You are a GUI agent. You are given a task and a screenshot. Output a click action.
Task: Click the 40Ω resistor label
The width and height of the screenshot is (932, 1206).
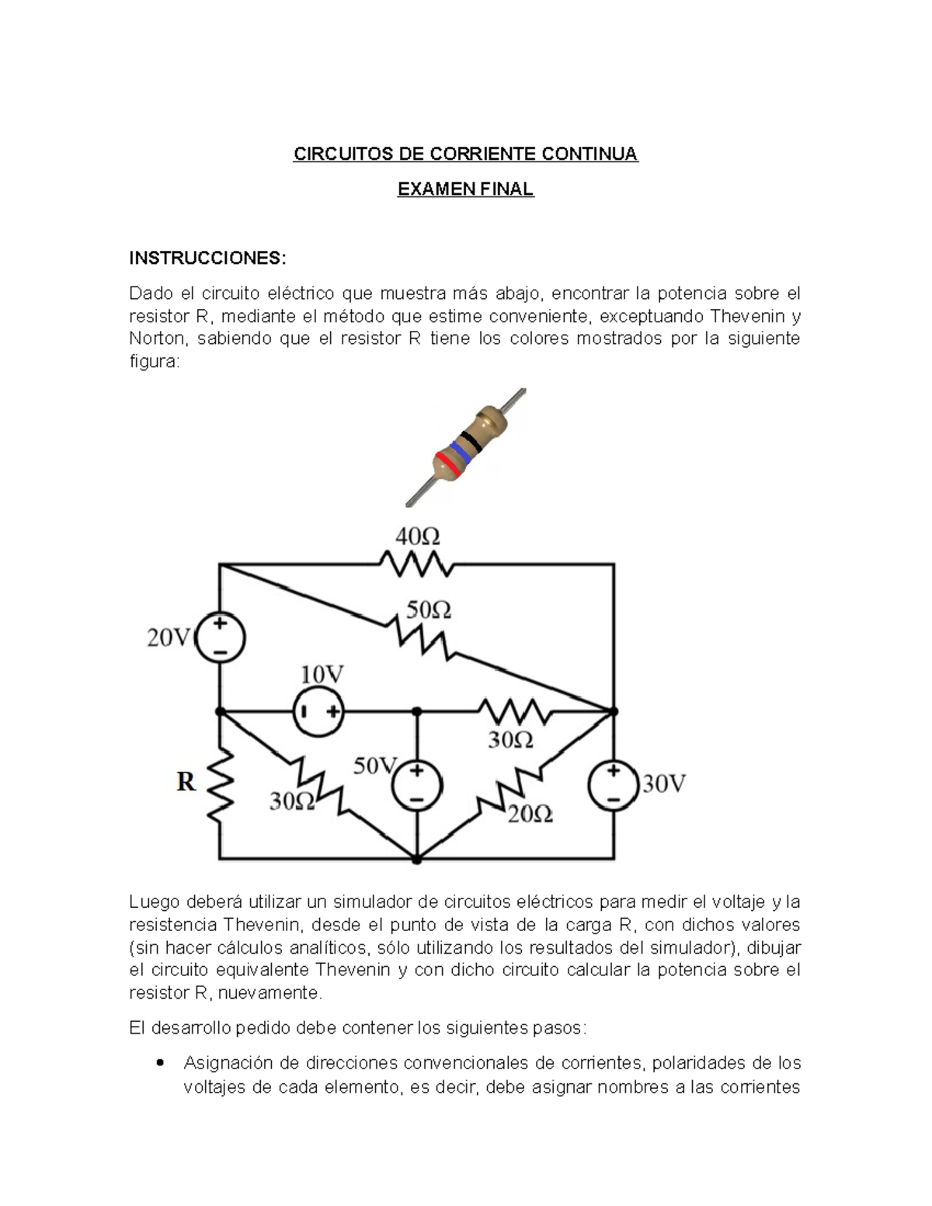418,537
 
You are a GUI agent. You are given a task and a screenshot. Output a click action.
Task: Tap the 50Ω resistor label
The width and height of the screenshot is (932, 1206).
429,610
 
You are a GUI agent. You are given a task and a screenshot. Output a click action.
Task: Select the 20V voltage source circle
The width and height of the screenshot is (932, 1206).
220,638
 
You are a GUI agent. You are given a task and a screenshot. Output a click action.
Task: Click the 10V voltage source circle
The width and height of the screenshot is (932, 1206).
318,711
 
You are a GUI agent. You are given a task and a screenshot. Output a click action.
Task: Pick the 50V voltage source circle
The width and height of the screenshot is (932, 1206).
417,785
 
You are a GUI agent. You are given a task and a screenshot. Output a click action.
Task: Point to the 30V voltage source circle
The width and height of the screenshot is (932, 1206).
614,785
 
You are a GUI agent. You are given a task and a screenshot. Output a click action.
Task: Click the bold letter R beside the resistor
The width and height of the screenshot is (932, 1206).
186,781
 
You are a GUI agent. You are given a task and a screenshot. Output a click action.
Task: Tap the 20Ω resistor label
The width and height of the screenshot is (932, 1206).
530,814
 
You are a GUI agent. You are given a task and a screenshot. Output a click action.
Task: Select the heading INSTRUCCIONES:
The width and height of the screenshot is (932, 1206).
207,258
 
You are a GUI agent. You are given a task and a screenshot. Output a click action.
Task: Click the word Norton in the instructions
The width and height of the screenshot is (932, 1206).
157,339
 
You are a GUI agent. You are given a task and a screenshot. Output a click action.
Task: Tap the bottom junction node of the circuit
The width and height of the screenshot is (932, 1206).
417,859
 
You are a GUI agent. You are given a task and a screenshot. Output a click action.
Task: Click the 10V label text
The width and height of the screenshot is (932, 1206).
322,674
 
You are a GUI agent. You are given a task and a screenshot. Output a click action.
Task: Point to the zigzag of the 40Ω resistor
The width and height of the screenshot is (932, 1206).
416,564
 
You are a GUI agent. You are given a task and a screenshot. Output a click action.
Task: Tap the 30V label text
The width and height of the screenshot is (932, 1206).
664,784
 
